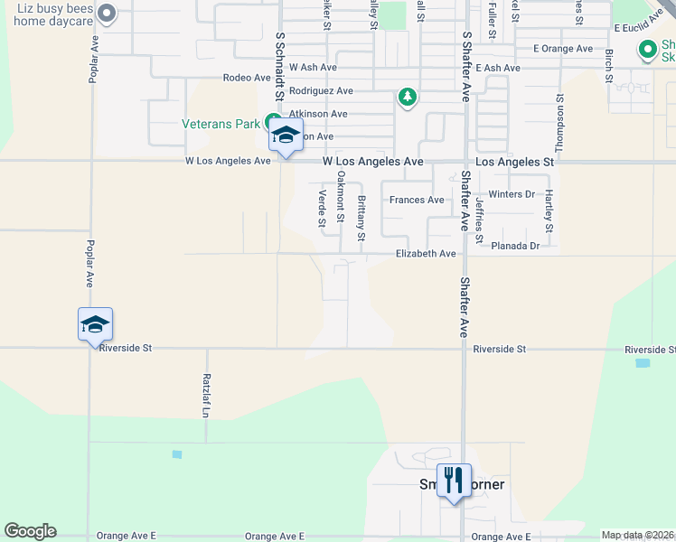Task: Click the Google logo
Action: pyautogui.click(x=31, y=531)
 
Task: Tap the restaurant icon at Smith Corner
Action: pyautogui.click(x=452, y=480)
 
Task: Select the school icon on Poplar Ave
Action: pyautogui.click(x=94, y=325)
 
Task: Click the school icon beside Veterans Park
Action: pyautogui.click(x=286, y=136)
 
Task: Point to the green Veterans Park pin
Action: pyautogui.click(x=271, y=122)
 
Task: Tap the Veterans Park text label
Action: pyautogui.click(x=221, y=124)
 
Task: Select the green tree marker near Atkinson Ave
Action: pyautogui.click(x=408, y=97)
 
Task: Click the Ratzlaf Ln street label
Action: pyautogui.click(x=207, y=396)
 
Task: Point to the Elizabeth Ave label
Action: pyautogui.click(x=426, y=255)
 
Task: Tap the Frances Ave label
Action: pyautogui.click(x=417, y=200)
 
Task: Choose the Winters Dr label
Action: pyautogui.click(x=512, y=194)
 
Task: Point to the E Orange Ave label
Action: pyautogui.click(x=563, y=48)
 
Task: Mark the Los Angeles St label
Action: pyautogui.click(x=514, y=162)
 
